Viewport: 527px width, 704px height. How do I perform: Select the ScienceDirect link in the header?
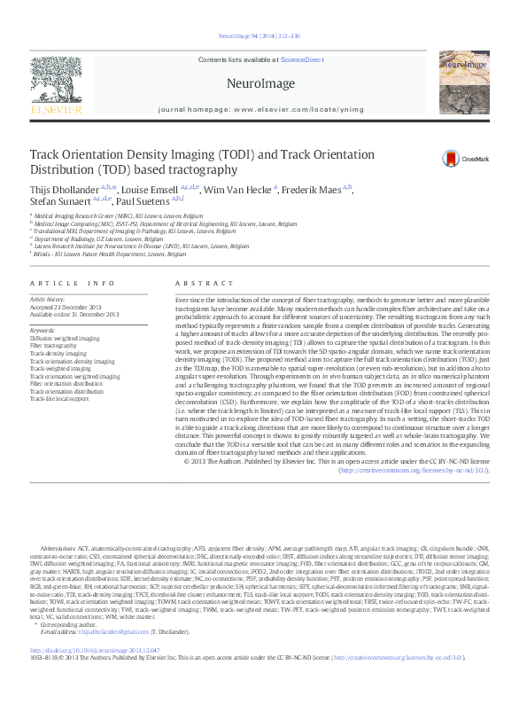302,59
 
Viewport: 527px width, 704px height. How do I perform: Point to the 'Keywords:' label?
45,331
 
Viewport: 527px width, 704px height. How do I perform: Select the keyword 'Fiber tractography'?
53,345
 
